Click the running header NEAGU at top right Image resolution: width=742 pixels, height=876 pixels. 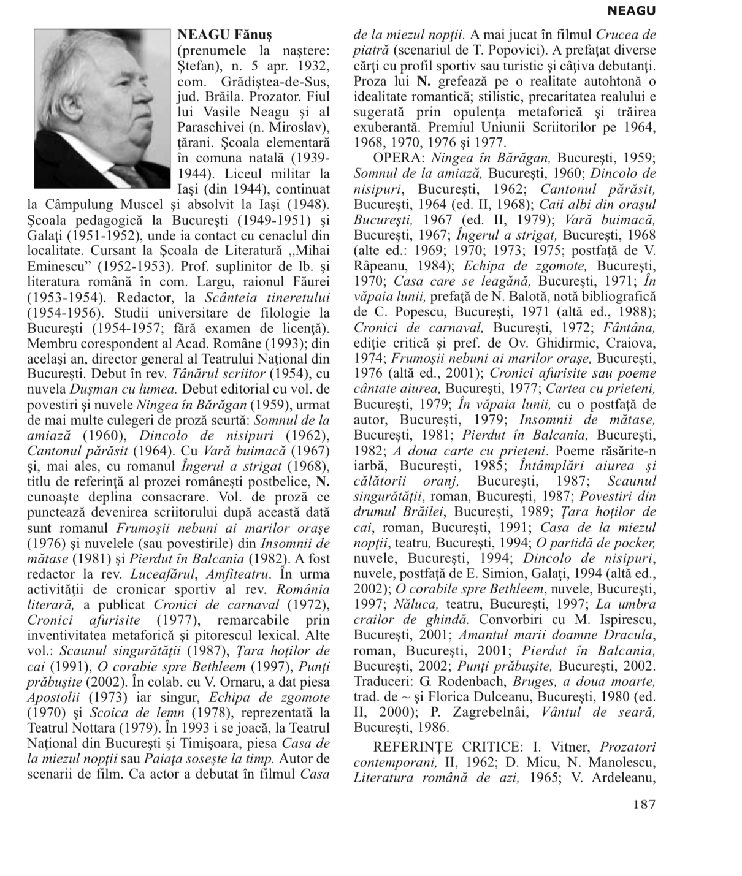[631, 11]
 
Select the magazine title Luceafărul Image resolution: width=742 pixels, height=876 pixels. [163, 574]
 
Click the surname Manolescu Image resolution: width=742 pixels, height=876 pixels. [614, 763]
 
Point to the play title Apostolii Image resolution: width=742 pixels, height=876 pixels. [53, 697]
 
